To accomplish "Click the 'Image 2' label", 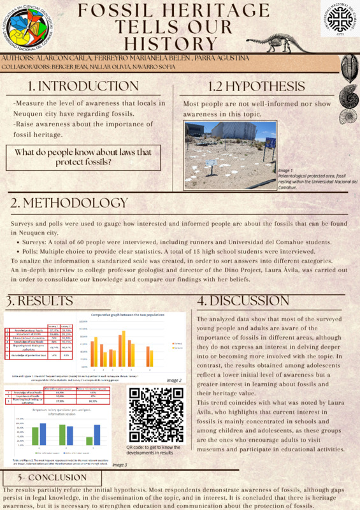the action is click(174, 380).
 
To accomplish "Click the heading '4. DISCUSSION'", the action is click(254, 300).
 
